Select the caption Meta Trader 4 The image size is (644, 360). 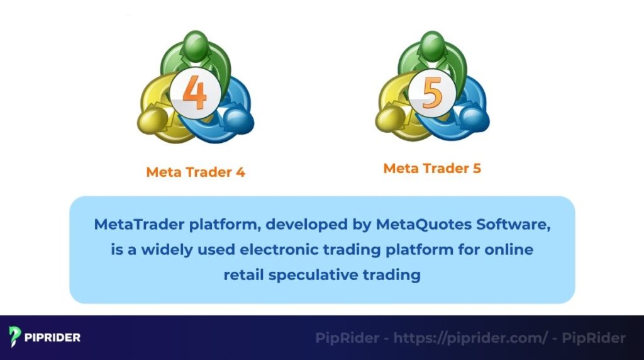pyautogui.click(x=196, y=172)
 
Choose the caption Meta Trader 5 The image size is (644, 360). pyautogui.click(x=432, y=169)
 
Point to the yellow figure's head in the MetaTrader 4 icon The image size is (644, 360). pyautogui.click(x=151, y=119)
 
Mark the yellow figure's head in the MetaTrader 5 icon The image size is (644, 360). pyautogui.click(x=388, y=117)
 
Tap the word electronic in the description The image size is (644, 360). pyautogui.click(x=277, y=249)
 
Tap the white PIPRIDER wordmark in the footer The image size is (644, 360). pyautogui.click(x=53, y=337)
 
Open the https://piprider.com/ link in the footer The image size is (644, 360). pyautogui.click(x=470, y=338)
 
